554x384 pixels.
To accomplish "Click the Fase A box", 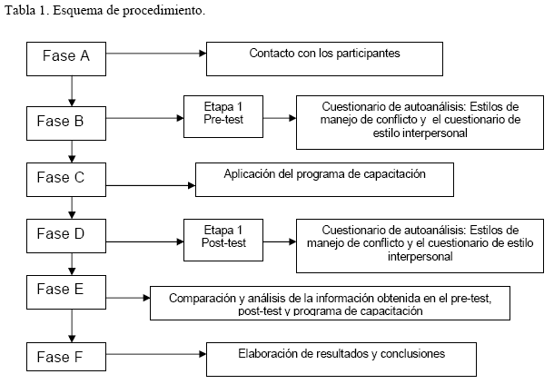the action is [x=66, y=59].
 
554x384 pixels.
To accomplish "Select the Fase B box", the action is [x=66, y=123].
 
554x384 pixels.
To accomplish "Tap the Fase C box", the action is [x=66, y=180].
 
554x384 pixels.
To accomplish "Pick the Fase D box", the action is [x=66, y=236].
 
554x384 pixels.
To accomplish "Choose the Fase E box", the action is [x=66, y=292].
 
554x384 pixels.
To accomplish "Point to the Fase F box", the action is [x=66, y=357].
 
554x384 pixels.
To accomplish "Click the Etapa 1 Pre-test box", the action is [x=223, y=116].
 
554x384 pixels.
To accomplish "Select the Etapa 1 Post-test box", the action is [x=223, y=240].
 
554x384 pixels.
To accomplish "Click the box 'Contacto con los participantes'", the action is [x=324, y=59].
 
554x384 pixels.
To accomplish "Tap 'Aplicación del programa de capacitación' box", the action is [x=324, y=180].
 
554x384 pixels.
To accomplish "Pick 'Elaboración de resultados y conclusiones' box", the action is [x=341, y=359].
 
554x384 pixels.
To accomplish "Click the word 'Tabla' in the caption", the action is [x=20, y=11].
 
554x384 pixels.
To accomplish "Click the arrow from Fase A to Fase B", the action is [x=72, y=91].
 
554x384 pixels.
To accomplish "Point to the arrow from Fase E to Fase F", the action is [x=72, y=326].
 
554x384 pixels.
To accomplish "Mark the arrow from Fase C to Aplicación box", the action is [x=151, y=185].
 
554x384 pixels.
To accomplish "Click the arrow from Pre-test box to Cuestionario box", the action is [x=280, y=118].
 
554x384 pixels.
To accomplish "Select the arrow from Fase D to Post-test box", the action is [x=145, y=241].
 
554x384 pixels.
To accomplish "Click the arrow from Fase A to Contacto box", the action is [x=156, y=54].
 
